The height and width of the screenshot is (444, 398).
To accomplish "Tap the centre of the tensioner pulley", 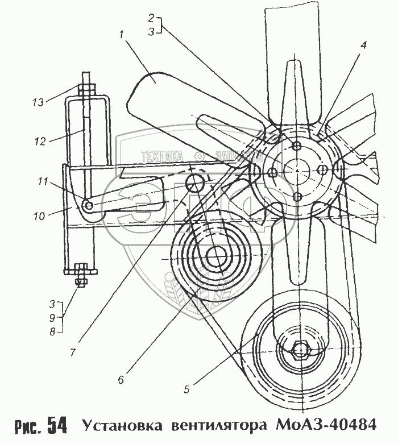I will click(216, 258).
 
